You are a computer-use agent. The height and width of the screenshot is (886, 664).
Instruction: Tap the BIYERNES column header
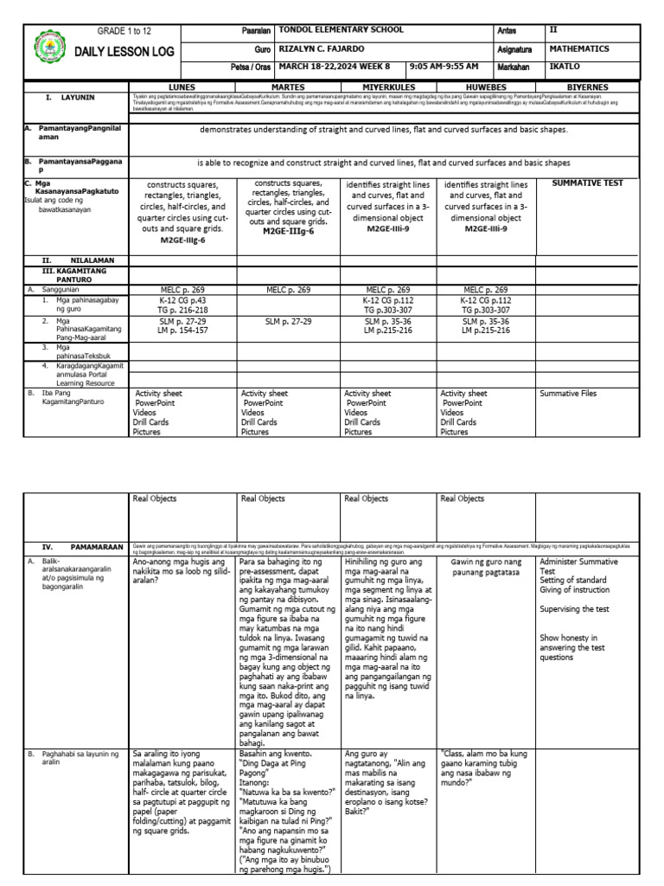(x=587, y=87)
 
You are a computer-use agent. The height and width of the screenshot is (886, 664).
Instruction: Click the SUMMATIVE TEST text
(x=587, y=183)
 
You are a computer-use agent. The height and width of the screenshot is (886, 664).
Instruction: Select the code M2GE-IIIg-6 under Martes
(x=288, y=232)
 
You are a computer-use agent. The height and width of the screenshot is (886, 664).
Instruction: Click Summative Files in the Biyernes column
(x=568, y=394)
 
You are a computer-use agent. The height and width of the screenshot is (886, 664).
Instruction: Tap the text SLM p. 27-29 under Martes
(x=288, y=321)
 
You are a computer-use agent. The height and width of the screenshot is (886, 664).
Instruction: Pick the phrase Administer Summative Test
(x=578, y=567)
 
